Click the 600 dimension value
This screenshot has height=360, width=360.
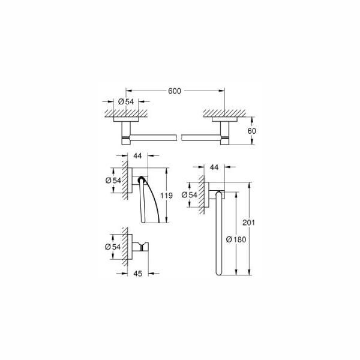(x=175, y=91)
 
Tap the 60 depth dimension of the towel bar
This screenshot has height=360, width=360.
(x=251, y=131)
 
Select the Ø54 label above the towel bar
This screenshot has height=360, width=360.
(x=126, y=101)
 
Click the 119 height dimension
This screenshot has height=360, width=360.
(x=166, y=196)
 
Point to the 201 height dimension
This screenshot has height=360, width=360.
(x=249, y=223)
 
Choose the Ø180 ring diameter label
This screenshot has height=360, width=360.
(x=236, y=239)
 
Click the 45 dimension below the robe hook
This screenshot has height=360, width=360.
(x=138, y=274)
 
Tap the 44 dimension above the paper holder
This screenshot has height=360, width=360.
(x=137, y=156)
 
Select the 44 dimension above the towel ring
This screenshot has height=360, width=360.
(x=214, y=167)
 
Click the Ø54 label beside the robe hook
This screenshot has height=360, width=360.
(x=113, y=247)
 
